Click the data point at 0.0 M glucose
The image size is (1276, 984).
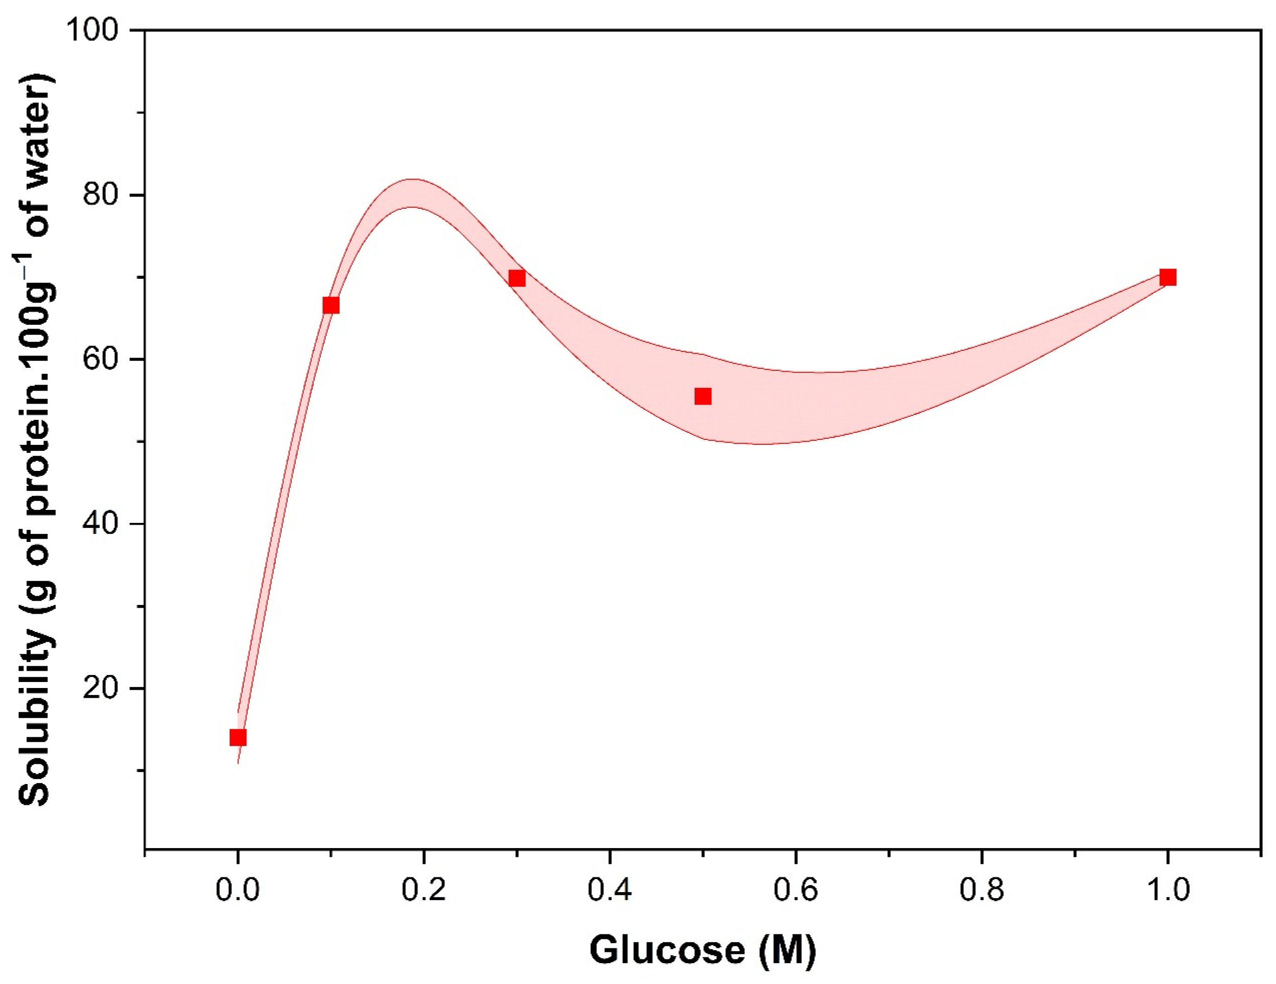(238, 738)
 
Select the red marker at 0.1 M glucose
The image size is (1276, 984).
(331, 306)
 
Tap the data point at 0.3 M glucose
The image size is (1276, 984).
(517, 278)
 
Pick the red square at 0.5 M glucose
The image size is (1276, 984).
(703, 397)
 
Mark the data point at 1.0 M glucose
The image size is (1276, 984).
(1168, 277)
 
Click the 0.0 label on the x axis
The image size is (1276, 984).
(238, 890)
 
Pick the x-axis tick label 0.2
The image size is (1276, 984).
(424, 890)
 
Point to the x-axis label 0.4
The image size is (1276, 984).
(609, 890)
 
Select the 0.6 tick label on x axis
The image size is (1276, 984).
(795, 890)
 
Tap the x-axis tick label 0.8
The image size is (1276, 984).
(981, 890)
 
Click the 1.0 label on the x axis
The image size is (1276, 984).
(1168, 890)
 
